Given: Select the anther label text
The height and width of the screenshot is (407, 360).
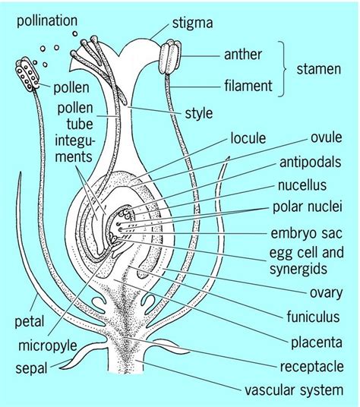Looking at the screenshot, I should (x=244, y=55).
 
